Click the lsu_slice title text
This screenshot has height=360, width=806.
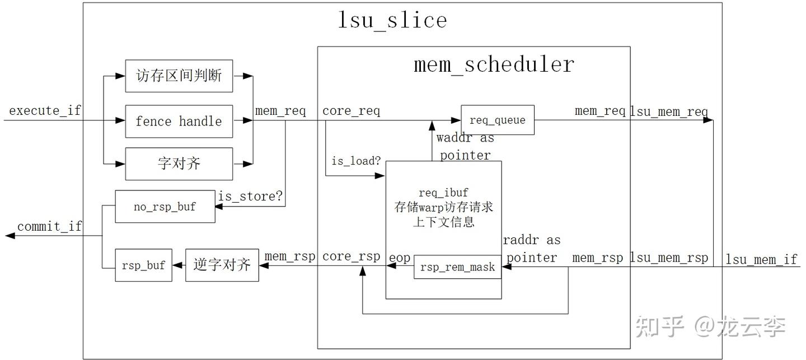(x=392, y=21)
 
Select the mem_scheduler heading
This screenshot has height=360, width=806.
(x=494, y=65)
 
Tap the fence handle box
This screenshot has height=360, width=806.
(x=179, y=121)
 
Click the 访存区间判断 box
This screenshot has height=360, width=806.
(x=179, y=76)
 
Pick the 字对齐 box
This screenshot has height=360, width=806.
(x=179, y=164)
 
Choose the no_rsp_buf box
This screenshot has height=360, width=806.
(x=165, y=207)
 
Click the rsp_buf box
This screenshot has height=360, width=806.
(x=143, y=265)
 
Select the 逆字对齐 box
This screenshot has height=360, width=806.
(x=222, y=265)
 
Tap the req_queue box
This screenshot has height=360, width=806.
(x=498, y=120)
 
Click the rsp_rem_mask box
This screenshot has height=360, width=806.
(x=458, y=267)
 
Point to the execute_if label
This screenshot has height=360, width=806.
(x=45, y=110)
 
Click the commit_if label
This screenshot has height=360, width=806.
(x=50, y=226)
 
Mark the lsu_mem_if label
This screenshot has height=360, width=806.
(x=761, y=259)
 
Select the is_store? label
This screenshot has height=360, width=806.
(x=250, y=196)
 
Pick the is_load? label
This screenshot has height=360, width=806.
(x=356, y=161)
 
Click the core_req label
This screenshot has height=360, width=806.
(x=351, y=111)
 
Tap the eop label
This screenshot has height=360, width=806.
(x=400, y=258)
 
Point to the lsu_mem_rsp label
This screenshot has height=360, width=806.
(x=669, y=258)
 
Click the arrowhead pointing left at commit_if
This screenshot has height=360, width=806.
(x=10, y=236)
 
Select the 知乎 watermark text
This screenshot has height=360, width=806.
(x=659, y=326)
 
